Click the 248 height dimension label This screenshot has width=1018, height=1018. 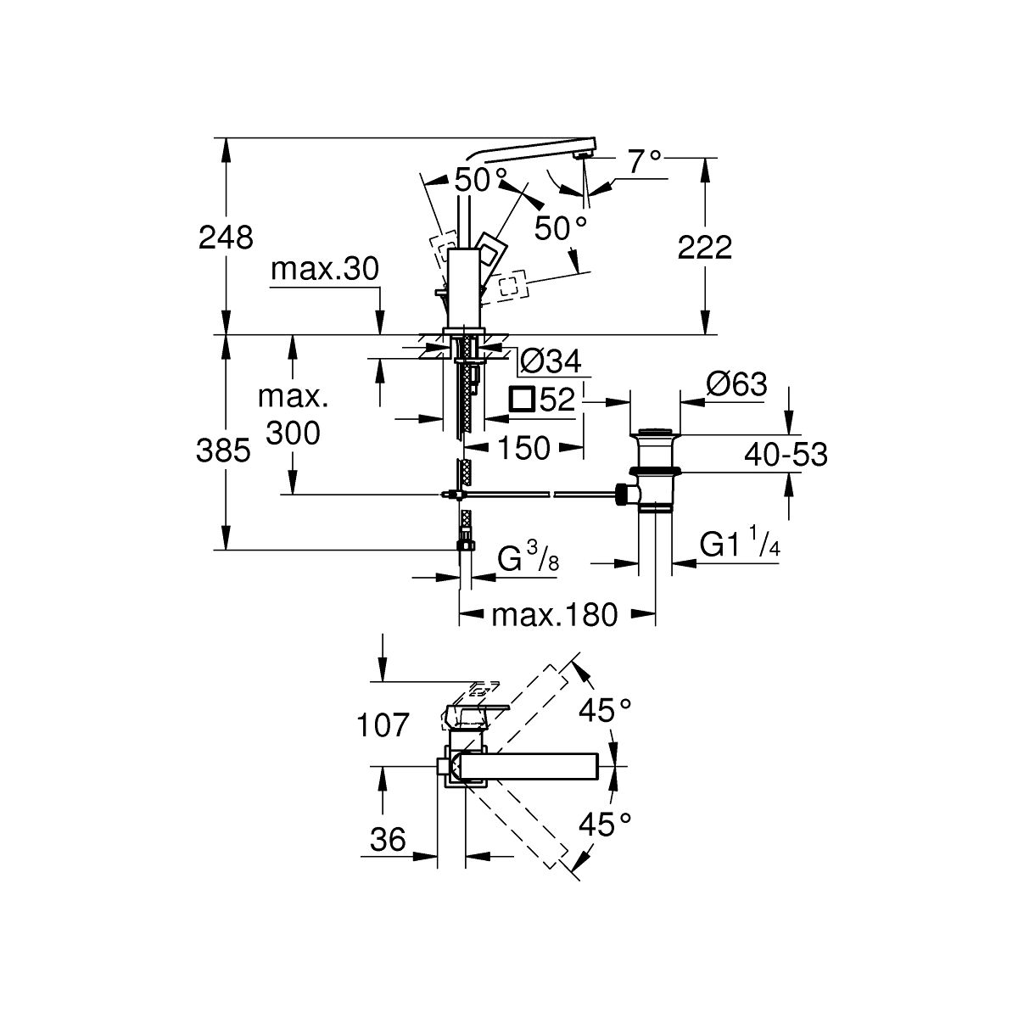click(x=226, y=238)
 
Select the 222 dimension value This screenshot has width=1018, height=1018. click(x=704, y=247)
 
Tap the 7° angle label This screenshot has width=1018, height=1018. click(x=645, y=162)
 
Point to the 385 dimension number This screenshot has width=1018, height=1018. click(x=223, y=451)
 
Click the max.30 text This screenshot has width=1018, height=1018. click(x=325, y=269)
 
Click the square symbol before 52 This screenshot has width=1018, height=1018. click(x=522, y=399)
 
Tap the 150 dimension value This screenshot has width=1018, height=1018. click(x=524, y=448)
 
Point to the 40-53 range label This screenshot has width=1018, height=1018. click(x=786, y=455)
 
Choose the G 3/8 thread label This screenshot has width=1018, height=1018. click(x=528, y=558)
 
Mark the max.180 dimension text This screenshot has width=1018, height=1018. click(x=554, y=615)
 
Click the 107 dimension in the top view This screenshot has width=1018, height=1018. click(x=383, y=724)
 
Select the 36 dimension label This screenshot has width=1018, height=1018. click(x=388, y=839)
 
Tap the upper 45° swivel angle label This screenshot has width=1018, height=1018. click(x=605, y=710)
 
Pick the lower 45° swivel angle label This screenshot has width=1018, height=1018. click(x=605, y=824)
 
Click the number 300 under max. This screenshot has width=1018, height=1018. click(x=293, y=433)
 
